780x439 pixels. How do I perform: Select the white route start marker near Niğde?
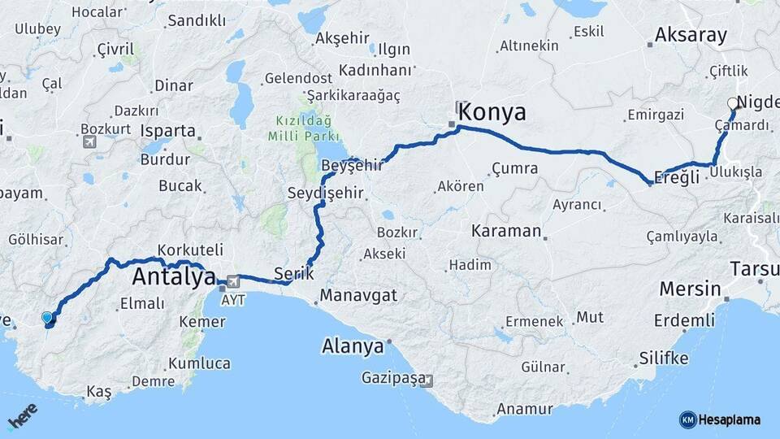point(733,103)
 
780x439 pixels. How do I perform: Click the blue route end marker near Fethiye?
point(48,319)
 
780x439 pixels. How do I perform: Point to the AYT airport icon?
point(235,282)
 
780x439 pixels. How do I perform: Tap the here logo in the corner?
point(23,419)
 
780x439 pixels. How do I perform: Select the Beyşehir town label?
point(352,166)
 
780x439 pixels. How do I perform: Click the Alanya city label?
point(353,346)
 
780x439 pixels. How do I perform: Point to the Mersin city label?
point(690,289)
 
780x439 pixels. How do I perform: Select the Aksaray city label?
point(691,35)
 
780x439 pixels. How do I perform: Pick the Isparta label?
point(168,131)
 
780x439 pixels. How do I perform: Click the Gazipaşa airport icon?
point(428,380)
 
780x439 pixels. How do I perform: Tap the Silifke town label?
point(664,359)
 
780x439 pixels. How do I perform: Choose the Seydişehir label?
point(326,193)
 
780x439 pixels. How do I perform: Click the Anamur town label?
point(525,409)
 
